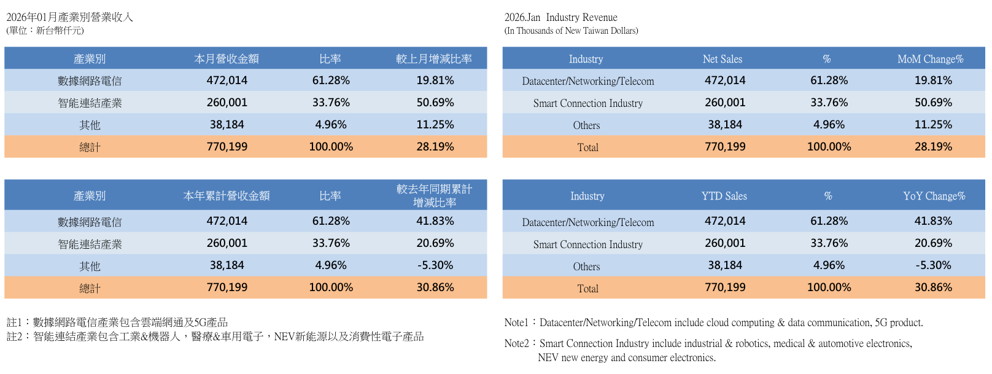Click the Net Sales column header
click(x=723, y=59)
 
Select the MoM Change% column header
click(x=930, y=59)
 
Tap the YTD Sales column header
click(x=724, y=196)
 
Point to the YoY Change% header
click(x=934, y=196)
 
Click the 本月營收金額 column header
click(x=227, y=59)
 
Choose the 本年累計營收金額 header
click(x=227, y=196)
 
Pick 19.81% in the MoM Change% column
click(x=933, y=80)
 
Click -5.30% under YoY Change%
click(x=933, y=265)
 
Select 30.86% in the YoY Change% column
click(x=933, y=287)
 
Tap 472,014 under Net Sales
click(x=725, y=80)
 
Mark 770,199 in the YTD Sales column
click(x=725, y=287)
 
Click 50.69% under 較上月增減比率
click(x=435, y=103)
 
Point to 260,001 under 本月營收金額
click(x=227, y=103)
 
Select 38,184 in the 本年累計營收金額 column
click(x=227, y=265)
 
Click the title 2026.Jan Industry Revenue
click(x=560, y=17)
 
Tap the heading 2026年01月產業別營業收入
click(x=69, y=17)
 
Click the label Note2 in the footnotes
click(x=516, y=343)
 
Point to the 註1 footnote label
click(x=14, y=322)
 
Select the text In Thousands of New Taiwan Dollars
click(x=572, y=31)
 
